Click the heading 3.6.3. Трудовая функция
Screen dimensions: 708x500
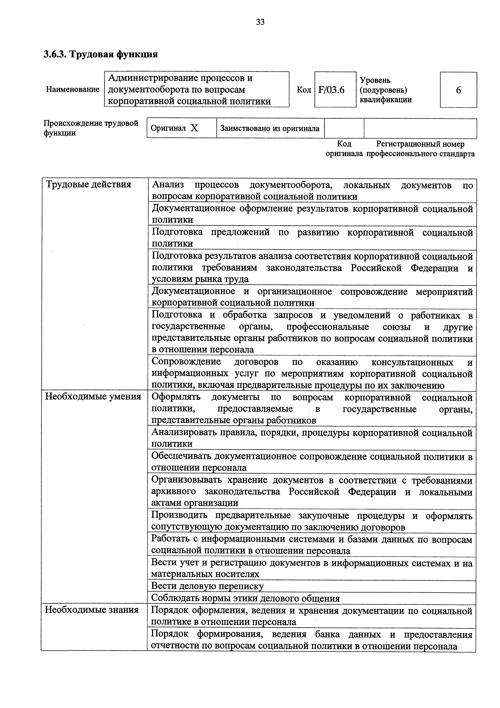(101, 54)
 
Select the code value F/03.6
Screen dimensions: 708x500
(331, 90)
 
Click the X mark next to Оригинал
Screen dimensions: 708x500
(194, 128)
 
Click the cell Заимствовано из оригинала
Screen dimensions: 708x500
(270, 128)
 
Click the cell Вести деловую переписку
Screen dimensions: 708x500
(207, 586)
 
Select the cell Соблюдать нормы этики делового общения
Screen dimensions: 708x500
(245, 598)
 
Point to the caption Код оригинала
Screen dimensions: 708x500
(344, 149)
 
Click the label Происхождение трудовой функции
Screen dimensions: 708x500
(91, 128)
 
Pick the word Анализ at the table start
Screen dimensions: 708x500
(168, 185)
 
